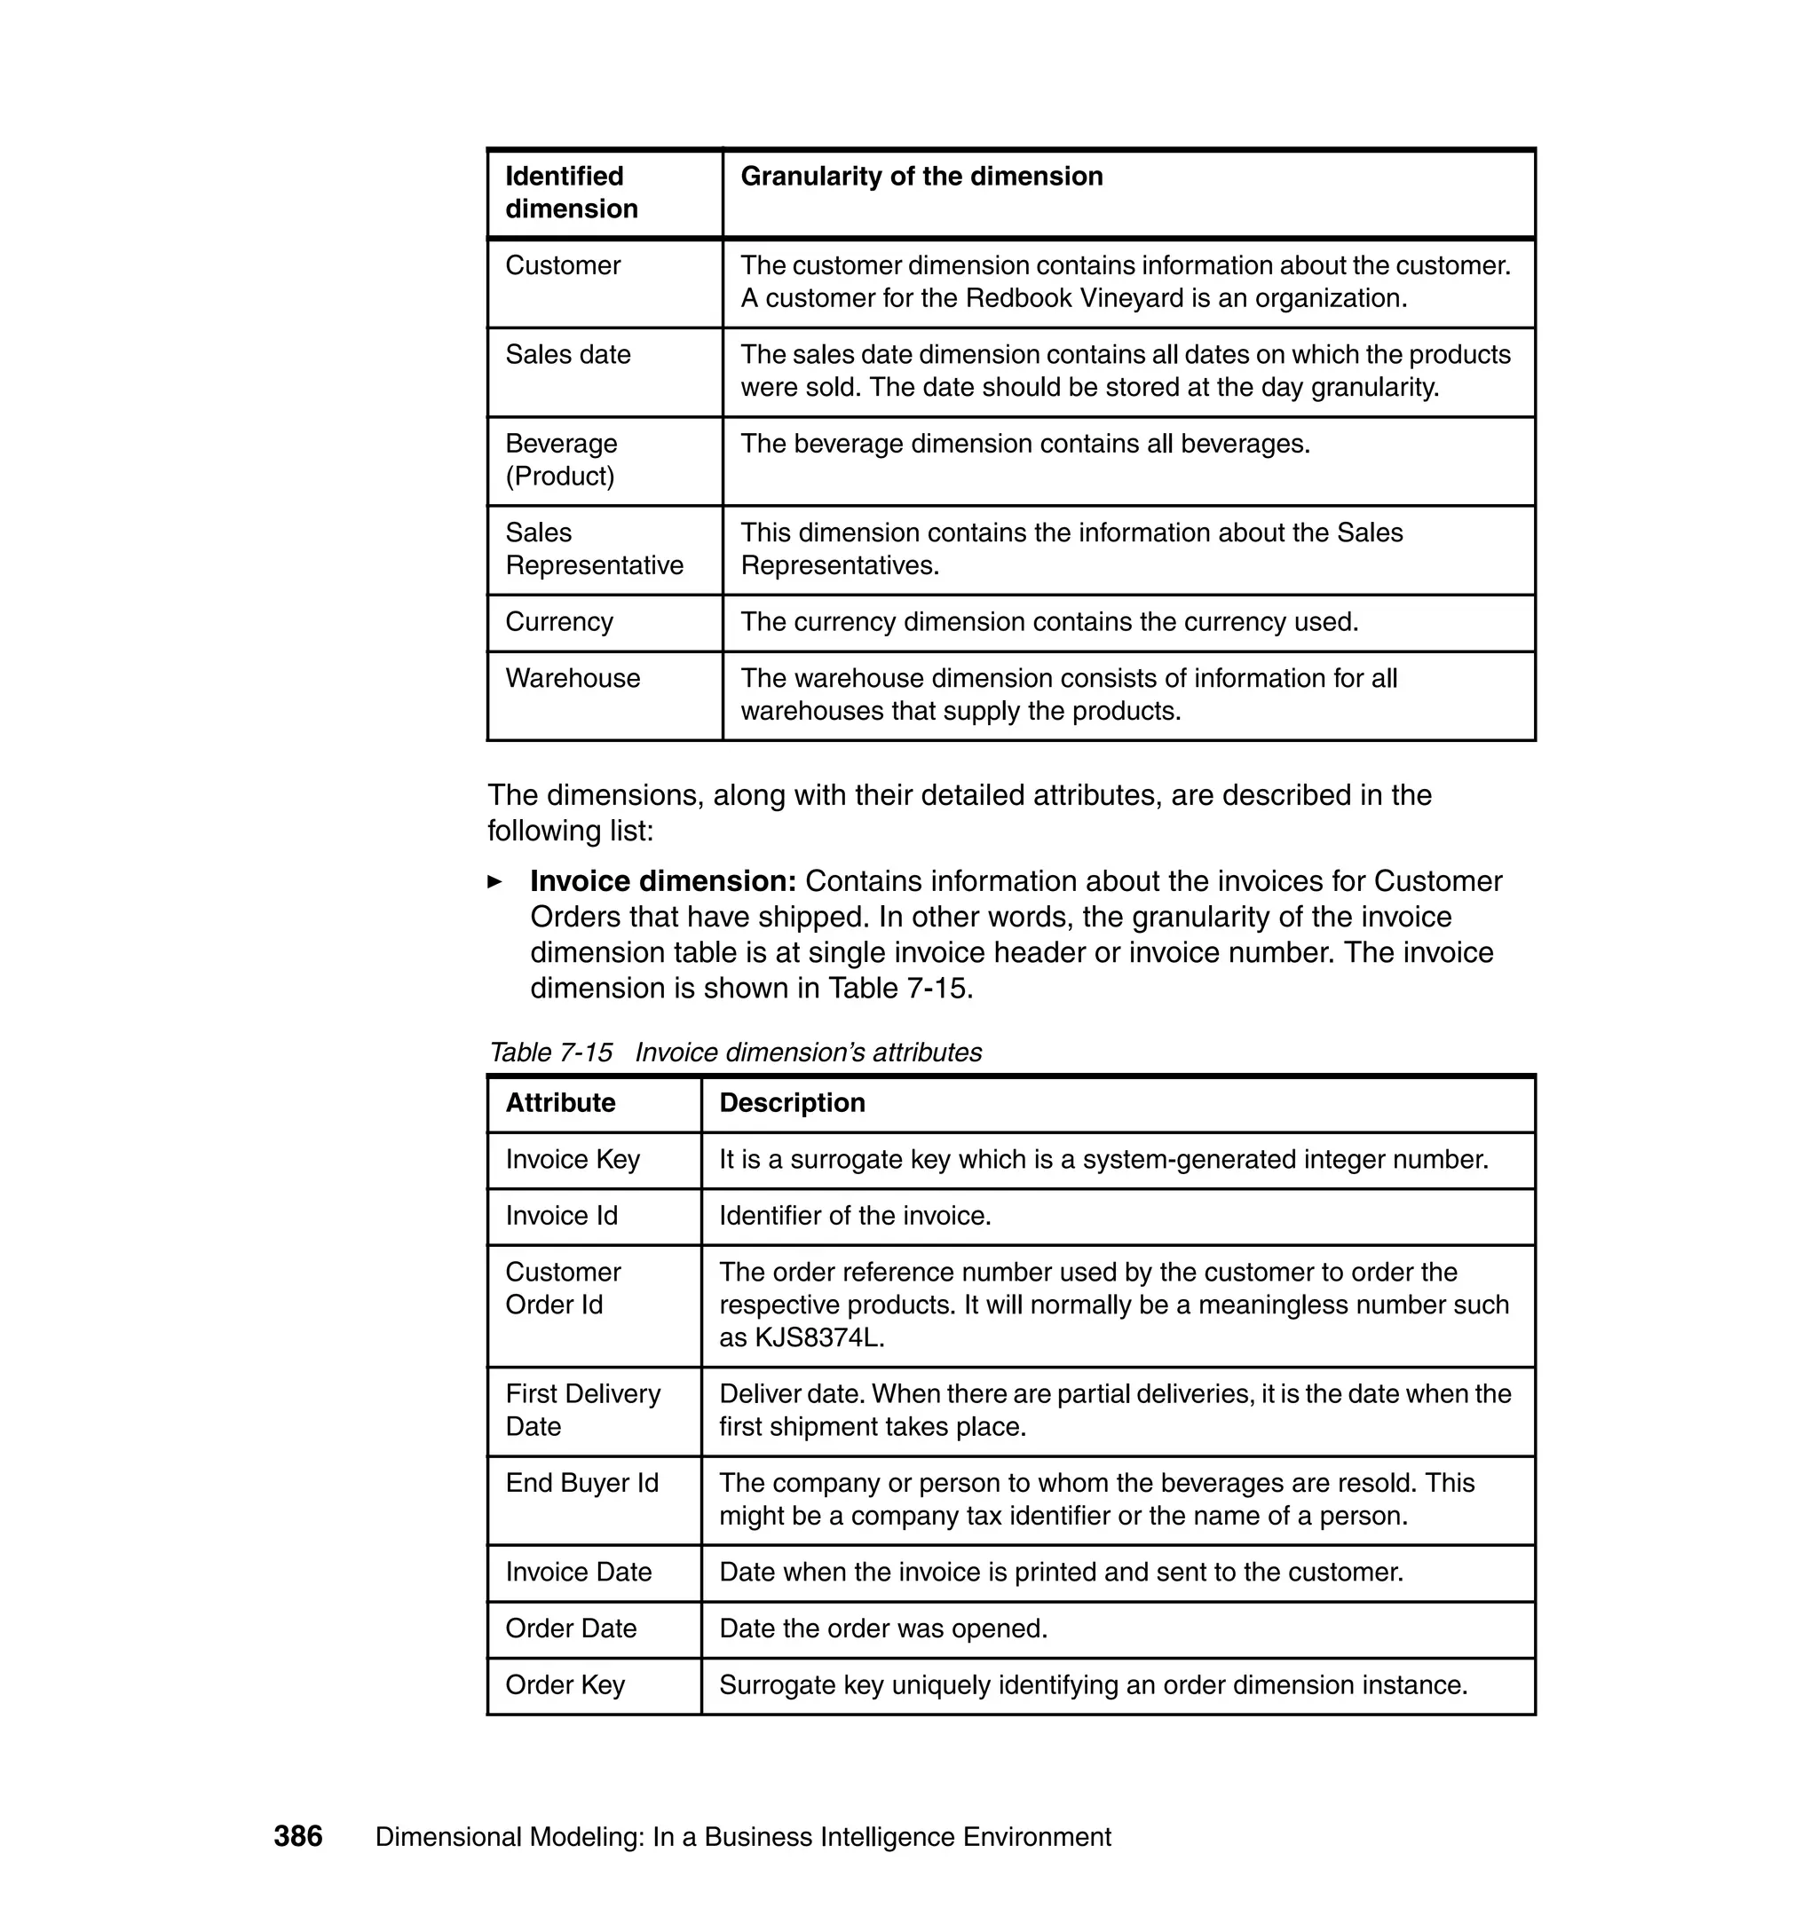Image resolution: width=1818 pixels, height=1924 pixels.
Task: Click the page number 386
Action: coord(297,1836)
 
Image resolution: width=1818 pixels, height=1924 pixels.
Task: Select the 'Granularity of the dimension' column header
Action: coord(921,177)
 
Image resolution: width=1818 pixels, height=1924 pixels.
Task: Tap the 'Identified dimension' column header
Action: coord(571,193)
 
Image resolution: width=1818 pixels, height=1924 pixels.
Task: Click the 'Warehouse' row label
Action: coord(572,678)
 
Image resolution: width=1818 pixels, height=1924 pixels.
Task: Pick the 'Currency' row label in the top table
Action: coord(559,622)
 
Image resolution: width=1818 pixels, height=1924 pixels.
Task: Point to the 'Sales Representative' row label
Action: coord(594,549)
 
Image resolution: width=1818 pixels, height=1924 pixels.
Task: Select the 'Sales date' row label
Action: coord(568,355)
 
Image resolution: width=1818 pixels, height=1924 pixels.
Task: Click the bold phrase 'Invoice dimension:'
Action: coord(663,880)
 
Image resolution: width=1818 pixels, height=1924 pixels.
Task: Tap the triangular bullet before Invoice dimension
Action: coord(495,881)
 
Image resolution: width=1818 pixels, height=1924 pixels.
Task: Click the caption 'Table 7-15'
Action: coord(550,1053)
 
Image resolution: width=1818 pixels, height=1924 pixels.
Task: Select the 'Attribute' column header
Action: coord(560,1102)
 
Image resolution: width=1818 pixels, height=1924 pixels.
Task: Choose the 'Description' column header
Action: coord(792,1102)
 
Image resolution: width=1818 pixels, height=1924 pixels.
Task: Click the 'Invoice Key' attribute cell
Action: coord(573,1160)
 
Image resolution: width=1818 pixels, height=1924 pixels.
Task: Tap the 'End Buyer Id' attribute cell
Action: coord(581,1483)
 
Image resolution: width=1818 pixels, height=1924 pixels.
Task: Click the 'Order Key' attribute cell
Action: coord(565,1684)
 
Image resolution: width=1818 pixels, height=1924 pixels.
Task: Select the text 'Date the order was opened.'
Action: coord(883,1628)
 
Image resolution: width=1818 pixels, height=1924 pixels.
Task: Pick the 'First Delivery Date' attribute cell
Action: coord(582,1410)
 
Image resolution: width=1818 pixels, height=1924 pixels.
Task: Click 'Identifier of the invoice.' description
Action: coord(855,1216)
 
